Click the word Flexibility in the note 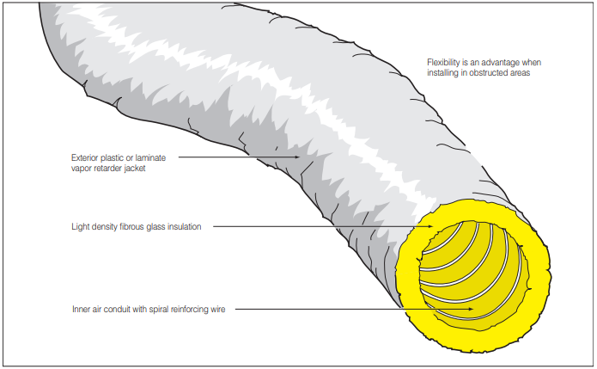click(x=443, y=63)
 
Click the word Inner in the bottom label click(x=81, y=308)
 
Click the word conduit click(x=119, y=308)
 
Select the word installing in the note click(x=443, y=74)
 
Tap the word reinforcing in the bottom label click(x=192, y=308)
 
